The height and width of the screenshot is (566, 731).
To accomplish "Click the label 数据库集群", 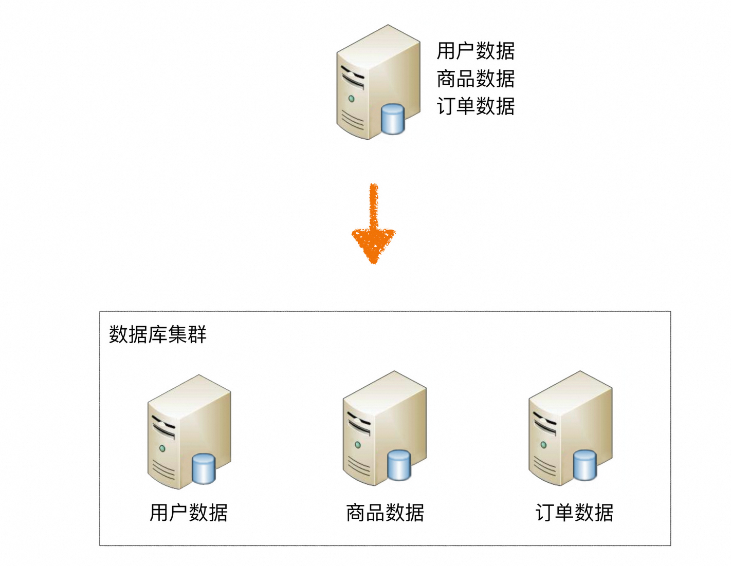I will [x=157, y=334].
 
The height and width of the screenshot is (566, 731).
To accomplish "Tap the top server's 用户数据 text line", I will [x=476, y=51].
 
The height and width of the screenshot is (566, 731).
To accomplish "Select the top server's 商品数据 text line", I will [x=476, y=79].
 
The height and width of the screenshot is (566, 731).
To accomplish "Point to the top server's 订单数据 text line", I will [x=476, y=106].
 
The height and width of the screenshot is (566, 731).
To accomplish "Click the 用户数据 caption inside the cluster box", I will [x=189, y=513].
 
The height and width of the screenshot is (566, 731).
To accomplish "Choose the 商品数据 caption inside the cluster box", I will [x=385, y=513].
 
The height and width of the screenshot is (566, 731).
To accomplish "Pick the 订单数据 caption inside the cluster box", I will [x=574, y=513].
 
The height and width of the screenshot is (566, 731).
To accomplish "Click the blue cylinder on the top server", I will [x=393, y=119].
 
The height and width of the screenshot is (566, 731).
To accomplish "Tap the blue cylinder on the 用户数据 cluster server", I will [x=204, y=468].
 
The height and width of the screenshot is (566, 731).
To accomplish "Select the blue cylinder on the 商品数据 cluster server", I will [x=399, y=465].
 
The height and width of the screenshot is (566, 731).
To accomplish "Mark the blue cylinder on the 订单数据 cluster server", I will [x=585, y=465].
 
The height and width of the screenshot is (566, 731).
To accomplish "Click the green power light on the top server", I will [x=352, y=99].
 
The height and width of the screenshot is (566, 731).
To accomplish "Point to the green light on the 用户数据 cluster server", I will [x=162, y=448].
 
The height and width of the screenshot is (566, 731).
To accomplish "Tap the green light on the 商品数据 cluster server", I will [x=358, y=445].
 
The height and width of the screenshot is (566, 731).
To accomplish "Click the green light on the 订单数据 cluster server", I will [x=543, y=445].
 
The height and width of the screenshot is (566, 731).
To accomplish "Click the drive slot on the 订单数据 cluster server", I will [x=544, y=424].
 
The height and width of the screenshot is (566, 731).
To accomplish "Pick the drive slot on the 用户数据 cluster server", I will [x=163, y=428].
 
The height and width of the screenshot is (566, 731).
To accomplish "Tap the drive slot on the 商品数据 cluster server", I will [x=358, y=424].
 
